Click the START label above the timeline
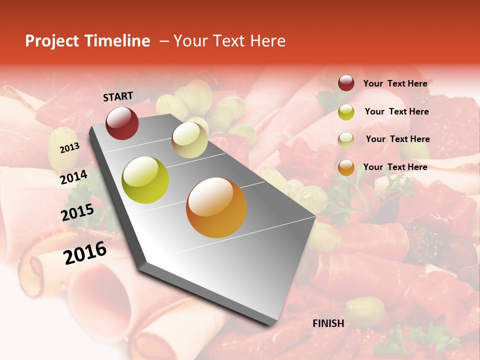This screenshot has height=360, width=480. tap(118, 96)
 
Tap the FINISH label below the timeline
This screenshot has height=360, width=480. tap(328, 323)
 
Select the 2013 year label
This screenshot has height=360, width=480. tap(69, 148)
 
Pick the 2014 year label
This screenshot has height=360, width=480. tap(74, 177)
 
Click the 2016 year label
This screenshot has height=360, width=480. tap(85, 253)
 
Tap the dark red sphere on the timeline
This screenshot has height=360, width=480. tap(122, 123)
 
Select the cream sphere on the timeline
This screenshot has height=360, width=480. tap(189, 140)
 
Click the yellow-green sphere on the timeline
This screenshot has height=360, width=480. tap(145, 180)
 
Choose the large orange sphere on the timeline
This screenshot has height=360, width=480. tap(216, 207)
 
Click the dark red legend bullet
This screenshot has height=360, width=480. tap(346, 83)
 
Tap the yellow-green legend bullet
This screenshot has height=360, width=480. tap(346, 112)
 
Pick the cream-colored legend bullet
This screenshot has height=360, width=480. tap(346, 140)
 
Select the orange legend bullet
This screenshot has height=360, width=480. tap(346, 167)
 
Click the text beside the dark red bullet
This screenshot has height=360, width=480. tap(395, 83)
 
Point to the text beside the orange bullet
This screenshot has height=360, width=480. tap(395, 167)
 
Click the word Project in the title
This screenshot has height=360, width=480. tap(51, 41)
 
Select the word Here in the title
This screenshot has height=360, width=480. tap(268, 41)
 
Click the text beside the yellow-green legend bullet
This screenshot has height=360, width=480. tap(397, 111)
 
